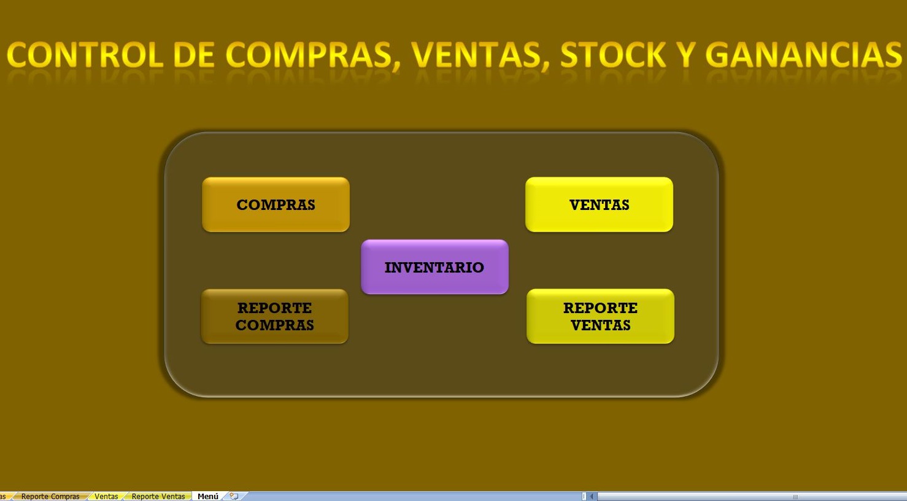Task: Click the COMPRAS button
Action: click(x=276, y=204)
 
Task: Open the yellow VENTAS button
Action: click(x=599, y=204)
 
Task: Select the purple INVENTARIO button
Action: click(x=434, y=267)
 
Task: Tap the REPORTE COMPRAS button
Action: click(x=274, y=316)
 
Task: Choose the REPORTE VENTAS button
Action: click(x=600, y=316)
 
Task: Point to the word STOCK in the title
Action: click(x=613, y=55)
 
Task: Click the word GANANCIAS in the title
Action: click(x=804, y=55)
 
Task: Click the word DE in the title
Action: click(x=193, y=55)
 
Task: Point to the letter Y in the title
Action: click(x=685, y=55)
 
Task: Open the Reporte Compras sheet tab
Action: click(x=50, y=496)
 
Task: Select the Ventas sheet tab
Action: click(x=106, y=496)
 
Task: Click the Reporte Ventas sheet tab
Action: click(x=158, y=496)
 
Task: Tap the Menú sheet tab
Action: click(x=208, y=496)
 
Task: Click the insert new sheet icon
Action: click(x=234, y=496)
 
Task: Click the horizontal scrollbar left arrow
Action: click(x=593, y=496)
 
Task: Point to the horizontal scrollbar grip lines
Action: click(x=795, y=496)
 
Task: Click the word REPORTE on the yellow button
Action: click(x=600, y=308)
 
